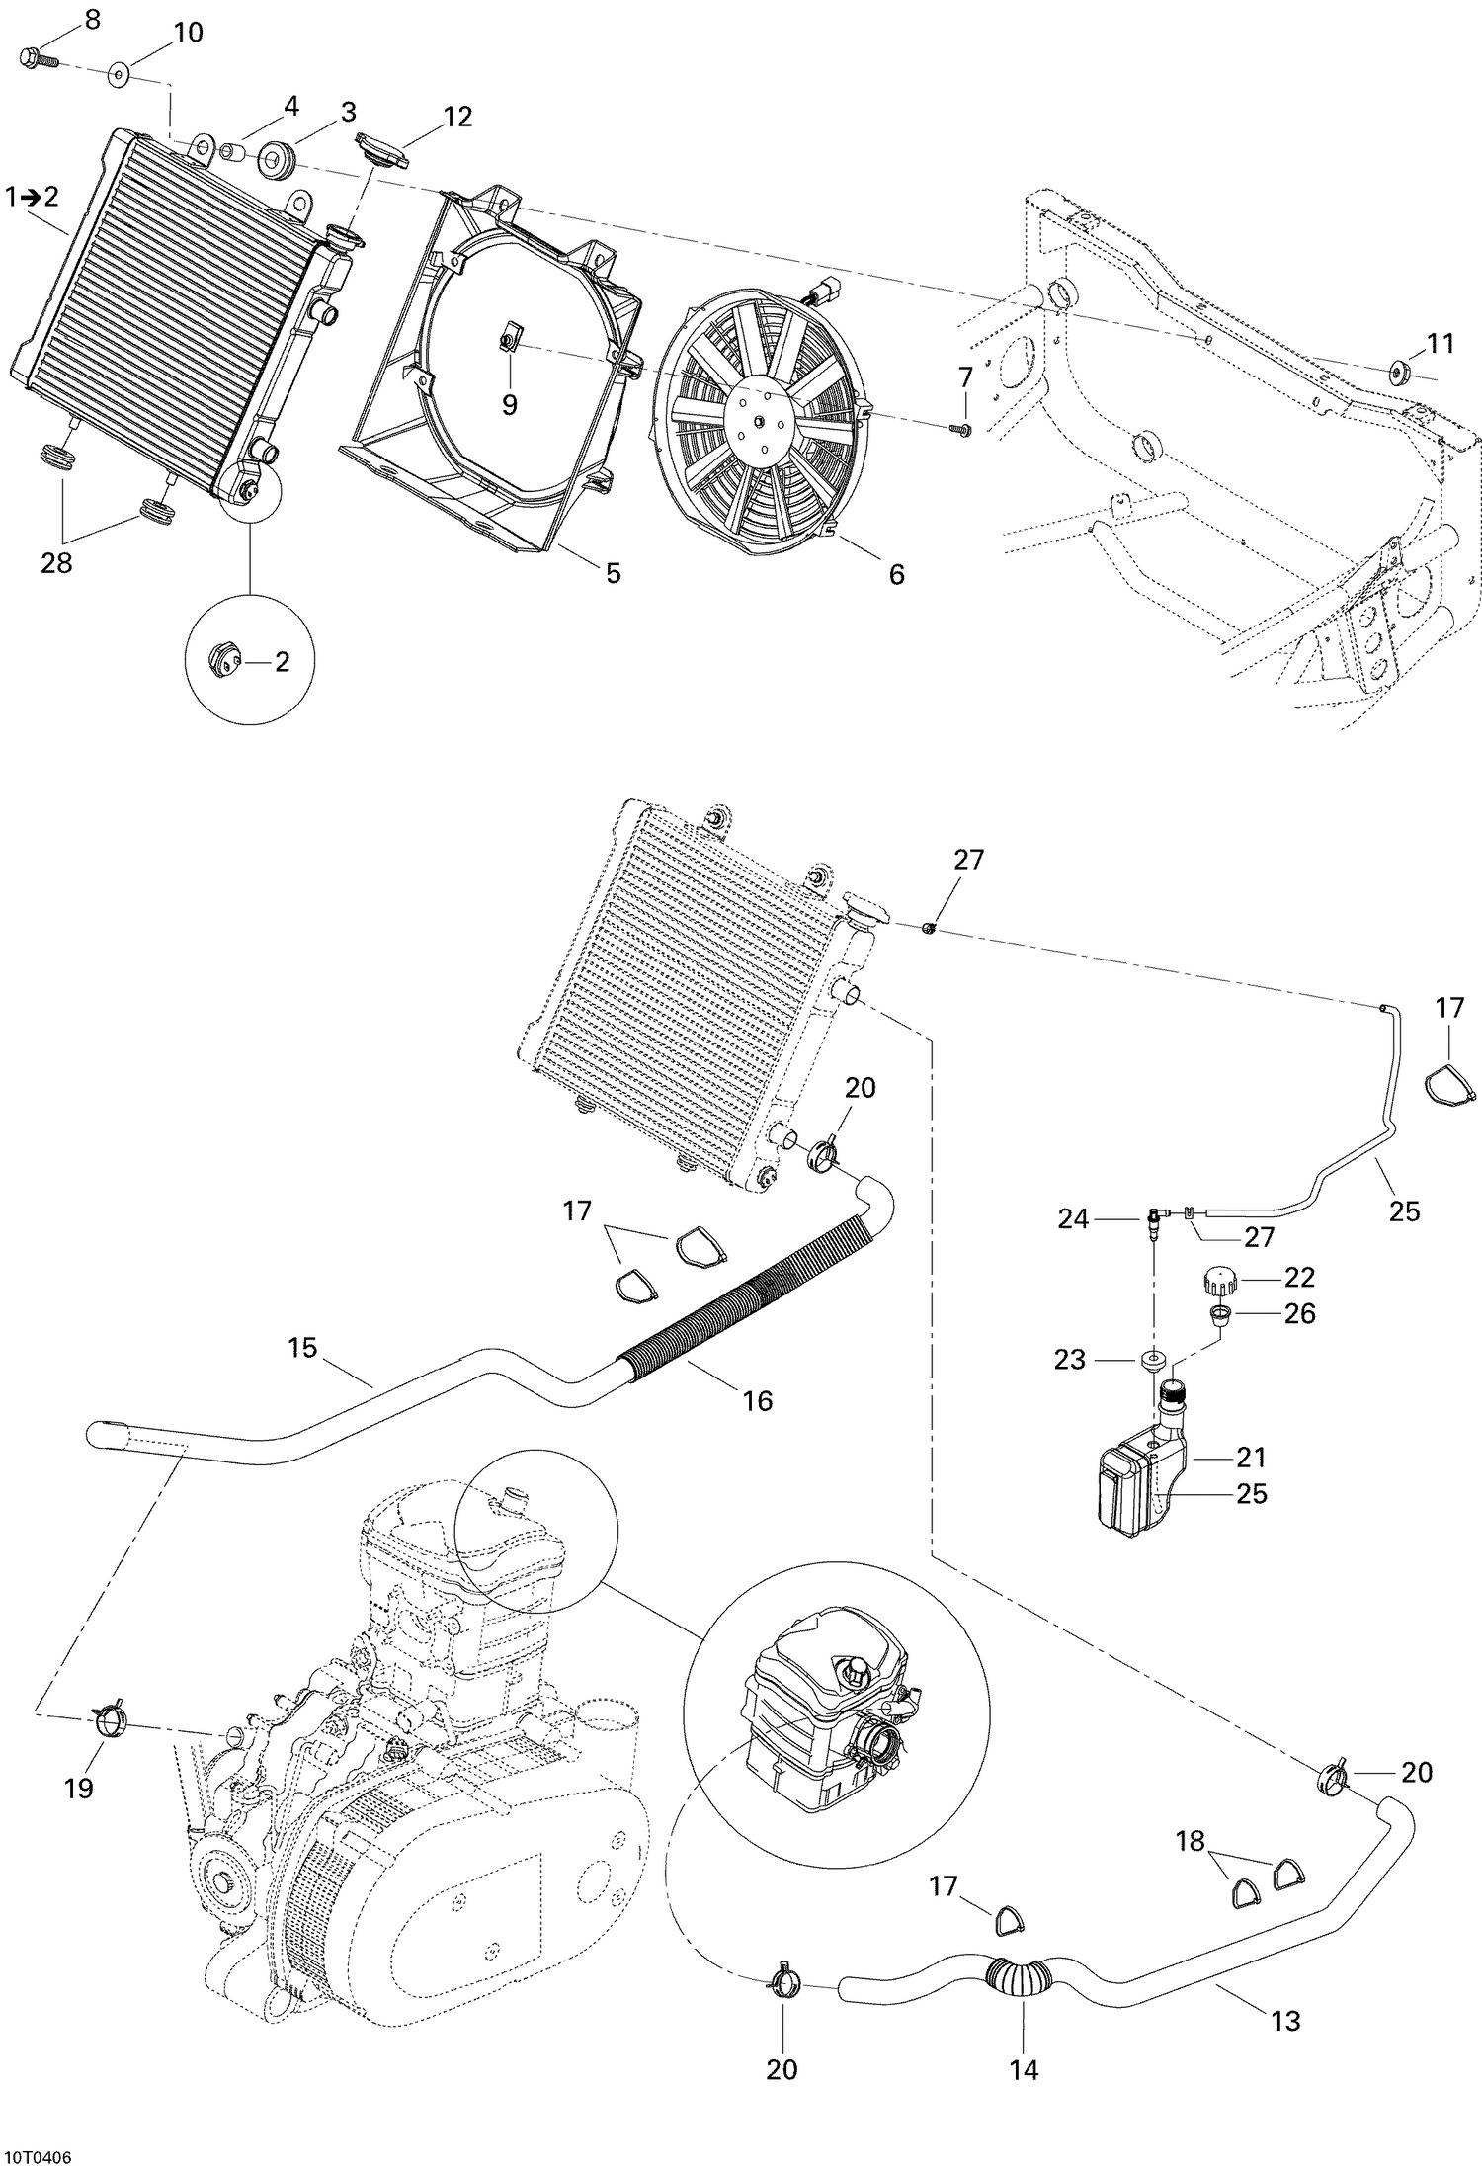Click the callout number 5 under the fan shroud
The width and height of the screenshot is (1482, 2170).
tap(613, 572)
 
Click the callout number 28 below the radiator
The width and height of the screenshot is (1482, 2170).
tap(55, 565)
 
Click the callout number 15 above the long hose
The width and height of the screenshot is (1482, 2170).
tap(302, 1347)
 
